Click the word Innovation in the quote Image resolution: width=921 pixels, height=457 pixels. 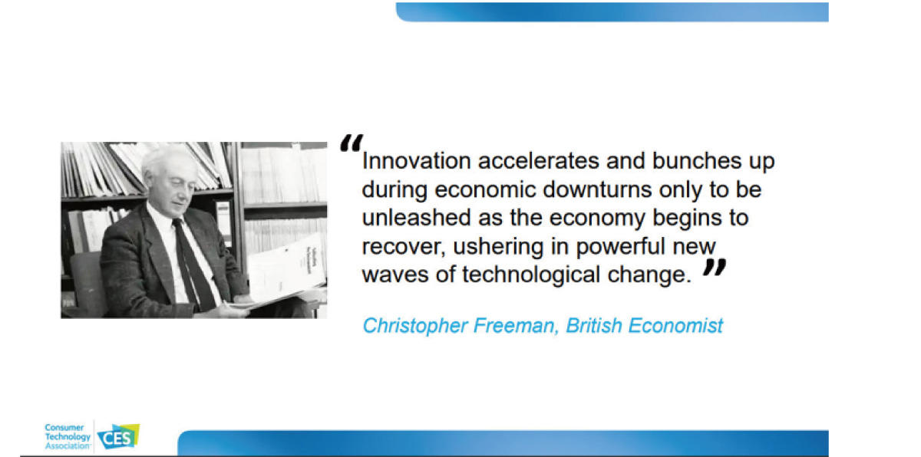[x=416, y=160]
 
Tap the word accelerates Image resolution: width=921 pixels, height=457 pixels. [x=539, y=160]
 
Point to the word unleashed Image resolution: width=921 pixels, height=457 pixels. [x=416, y=218]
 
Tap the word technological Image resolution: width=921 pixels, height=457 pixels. [x=531, y=275]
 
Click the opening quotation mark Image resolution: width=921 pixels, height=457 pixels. [x=351, y=143]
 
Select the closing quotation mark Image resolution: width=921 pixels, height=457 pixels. [x=715, y=267]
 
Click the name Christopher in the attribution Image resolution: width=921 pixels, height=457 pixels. [x=415, y=326]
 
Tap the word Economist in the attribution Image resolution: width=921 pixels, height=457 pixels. [x=675, y=326]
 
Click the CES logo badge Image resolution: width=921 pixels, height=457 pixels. [x=118, y=436]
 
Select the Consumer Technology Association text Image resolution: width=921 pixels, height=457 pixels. [x=68, y=436]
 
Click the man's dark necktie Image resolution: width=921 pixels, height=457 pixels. [x=193, y=263]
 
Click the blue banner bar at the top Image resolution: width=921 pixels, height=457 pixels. [x=612, y=12]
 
